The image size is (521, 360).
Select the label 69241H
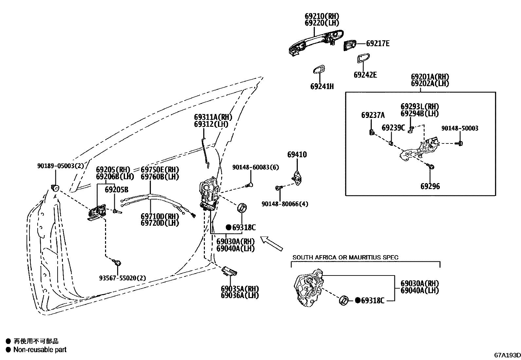pos(322,86)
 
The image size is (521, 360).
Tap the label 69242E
pos(365,75)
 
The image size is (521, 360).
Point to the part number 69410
pos(297,154)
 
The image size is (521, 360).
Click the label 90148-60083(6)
pos(255,167)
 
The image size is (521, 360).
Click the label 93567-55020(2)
pos(122,278)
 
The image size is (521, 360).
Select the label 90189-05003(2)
pos(60,166)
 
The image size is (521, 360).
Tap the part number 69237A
pos(373,115)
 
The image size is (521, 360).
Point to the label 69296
pos(430,186)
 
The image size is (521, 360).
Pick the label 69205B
pos(117,190)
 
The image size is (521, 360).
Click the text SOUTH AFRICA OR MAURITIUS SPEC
pos(345,257)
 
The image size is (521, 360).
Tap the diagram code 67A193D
pos(507,355)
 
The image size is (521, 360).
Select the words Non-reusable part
pos(40,350)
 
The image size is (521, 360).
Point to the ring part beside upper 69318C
pos(242,208)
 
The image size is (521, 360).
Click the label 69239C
pos(393,127)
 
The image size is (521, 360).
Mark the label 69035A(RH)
pos(240,289)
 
